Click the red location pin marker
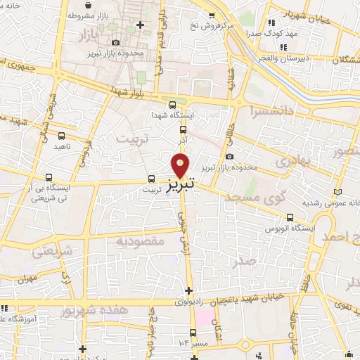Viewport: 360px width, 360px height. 181,165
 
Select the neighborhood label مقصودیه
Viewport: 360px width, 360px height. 139,241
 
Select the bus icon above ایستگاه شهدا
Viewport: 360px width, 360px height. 183,102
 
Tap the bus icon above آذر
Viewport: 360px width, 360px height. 183,129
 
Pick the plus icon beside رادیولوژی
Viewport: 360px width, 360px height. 188,290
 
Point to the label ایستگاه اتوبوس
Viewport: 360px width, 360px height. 286,229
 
